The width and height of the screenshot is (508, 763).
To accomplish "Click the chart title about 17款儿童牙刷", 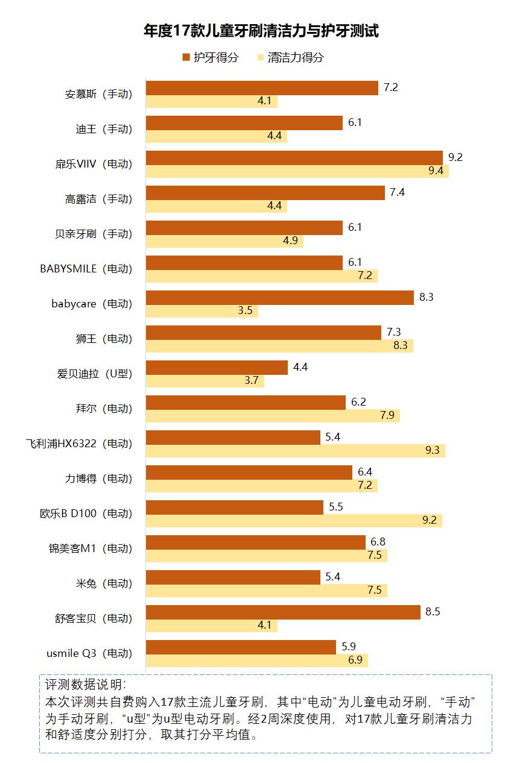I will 261,31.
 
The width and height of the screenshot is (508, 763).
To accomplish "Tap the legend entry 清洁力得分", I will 290,57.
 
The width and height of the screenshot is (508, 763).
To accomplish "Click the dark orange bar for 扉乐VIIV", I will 294,158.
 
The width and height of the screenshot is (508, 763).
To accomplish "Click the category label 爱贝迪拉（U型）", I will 94,374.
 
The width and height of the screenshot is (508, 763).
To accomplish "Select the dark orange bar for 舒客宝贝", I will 283,612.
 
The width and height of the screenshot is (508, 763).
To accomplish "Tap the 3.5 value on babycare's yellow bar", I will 245,311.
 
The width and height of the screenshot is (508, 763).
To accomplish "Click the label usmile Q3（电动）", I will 89,653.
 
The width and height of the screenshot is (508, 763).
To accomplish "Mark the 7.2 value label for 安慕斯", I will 390,87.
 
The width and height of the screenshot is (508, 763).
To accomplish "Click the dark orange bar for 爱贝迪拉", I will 217,368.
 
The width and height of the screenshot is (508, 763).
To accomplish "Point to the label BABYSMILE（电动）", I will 86,269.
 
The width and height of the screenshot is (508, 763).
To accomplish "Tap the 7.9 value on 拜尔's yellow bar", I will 387,416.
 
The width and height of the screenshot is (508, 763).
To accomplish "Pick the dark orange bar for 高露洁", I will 265,193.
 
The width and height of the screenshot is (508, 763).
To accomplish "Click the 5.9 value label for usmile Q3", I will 348,647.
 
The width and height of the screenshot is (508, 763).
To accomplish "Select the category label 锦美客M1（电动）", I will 90,548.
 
